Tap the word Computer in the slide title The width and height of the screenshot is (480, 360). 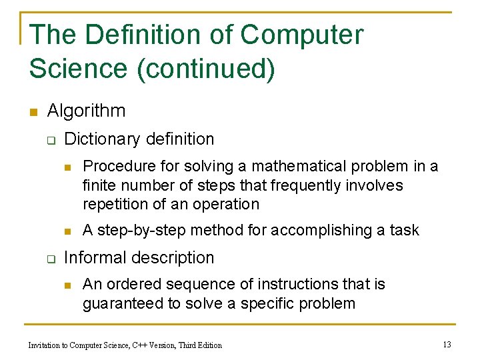(x=302, y=35)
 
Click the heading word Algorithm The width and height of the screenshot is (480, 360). (x=86, y=111)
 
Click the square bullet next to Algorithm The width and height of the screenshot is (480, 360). (x=33, y=111)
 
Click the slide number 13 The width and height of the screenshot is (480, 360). (x=447, y=344)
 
